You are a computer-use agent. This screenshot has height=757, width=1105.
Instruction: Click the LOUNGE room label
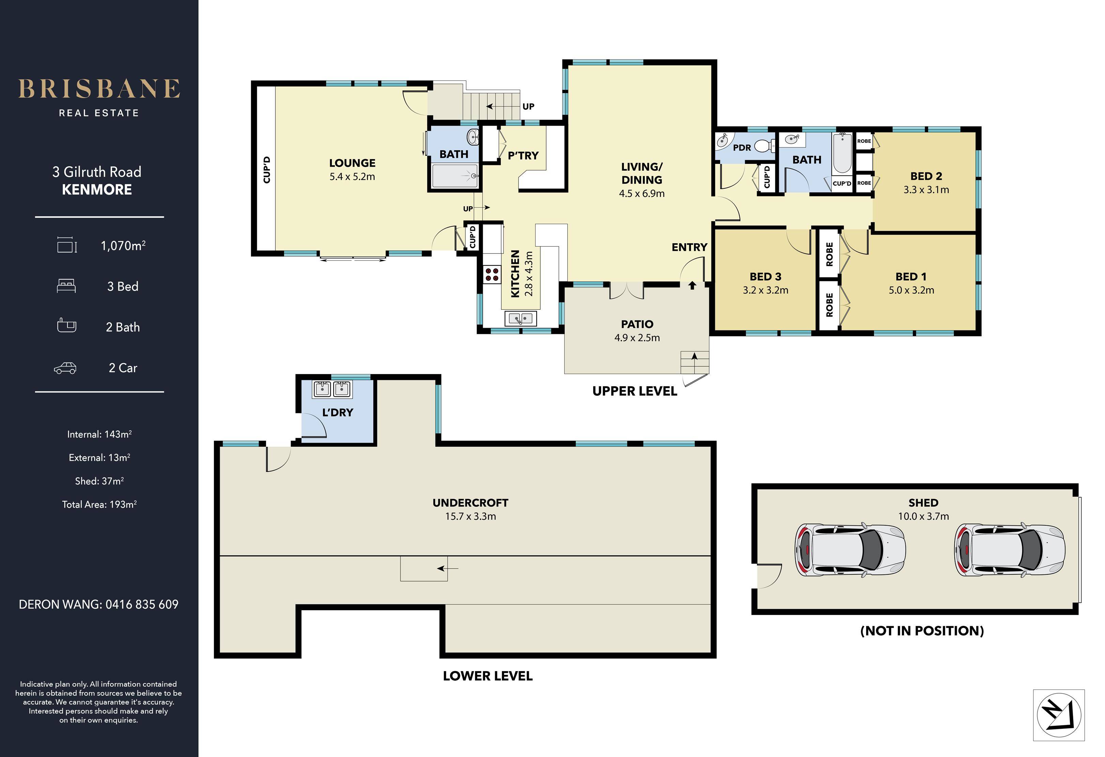[x=352, y=163]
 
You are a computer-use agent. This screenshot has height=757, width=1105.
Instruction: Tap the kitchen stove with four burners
[x=492, y=274]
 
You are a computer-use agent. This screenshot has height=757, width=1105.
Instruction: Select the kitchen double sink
[x=521, y=318]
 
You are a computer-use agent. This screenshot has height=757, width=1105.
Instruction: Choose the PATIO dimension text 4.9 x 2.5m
[x=637, y=338]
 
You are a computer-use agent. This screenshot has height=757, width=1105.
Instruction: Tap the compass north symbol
[x=1059, y=715]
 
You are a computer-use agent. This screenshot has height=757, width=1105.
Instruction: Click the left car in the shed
[x=850, y=550]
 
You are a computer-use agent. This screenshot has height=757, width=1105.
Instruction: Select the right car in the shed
[x=1010, y=550]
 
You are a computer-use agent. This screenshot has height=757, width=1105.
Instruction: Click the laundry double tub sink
[x=332, y=389]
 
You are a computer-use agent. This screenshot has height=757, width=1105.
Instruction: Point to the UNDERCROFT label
[x=470, y=503]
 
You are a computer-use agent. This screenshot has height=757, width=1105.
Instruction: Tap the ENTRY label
[x=689, y=247]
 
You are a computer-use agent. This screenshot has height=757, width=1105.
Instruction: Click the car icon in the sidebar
[x=65, y=368]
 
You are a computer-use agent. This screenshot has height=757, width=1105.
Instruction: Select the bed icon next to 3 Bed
[x=66, y=286]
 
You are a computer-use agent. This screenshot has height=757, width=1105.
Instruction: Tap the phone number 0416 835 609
[x=142, y=604]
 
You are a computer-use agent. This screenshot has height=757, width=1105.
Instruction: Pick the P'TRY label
[x=523, y=155]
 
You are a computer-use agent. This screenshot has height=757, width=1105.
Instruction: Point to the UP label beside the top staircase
[x=528, y=107]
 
